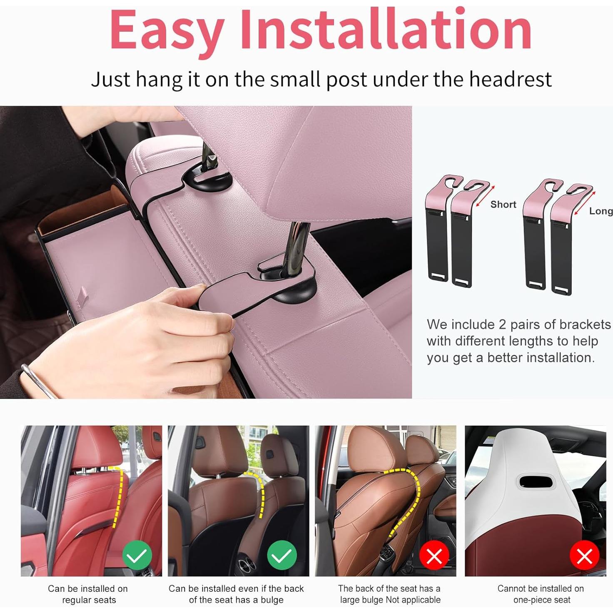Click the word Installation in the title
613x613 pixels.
pyautogui.click(x=386, y=29)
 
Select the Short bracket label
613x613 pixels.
pyautogui.click(x=503, y=204)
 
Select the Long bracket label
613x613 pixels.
pyautogui.click(x=601, y=211)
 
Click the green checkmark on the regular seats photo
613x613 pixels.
pyautogui.click(x=137, y=555)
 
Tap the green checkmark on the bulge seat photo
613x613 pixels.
pyautogui.click(x=282, y=555)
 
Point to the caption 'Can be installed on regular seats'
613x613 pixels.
pyautogui.click(x=88, y=594)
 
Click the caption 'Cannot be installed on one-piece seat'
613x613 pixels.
pyautogui.click(x=541, y=594)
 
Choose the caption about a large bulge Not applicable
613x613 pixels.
pyautogui.click(x=389, y=594)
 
